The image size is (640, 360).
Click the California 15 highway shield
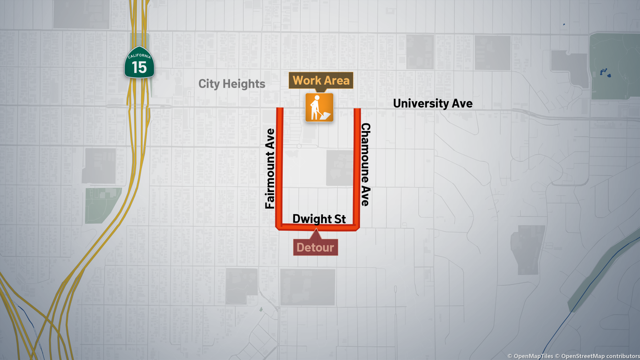tap(139, 63)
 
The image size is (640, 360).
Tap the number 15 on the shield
tap(139, 68)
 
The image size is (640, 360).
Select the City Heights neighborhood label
tap(232, 84)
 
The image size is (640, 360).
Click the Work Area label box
tap(321, 80)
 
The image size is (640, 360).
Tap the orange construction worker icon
tap(319, 107)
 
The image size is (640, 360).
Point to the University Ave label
tap(433, 104)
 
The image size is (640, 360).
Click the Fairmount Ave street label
tap(270, 169)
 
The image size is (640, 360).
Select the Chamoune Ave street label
tap(366, 165)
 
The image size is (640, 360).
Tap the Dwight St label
tap(319, 219)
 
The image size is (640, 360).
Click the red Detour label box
tap(315, 248)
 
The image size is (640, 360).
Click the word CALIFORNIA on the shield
tap(139, 56)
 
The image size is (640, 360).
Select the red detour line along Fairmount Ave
tap(279, 167)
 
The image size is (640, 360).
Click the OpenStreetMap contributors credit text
tap(600, 356)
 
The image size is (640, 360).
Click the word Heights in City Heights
tap(244, 84)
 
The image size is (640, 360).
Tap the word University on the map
tap(421, 104)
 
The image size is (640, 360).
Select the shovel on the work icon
tap(324, 116)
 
